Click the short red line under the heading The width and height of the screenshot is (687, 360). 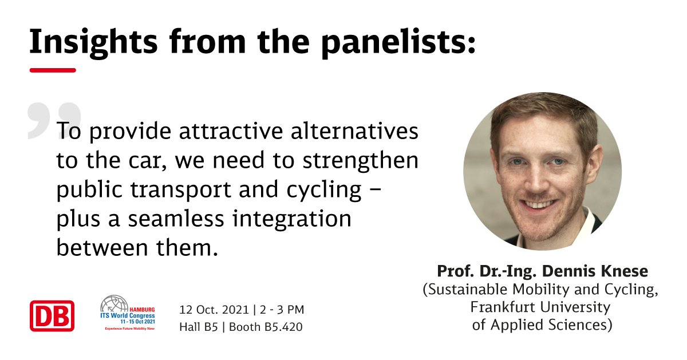(x=53, y=70)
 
